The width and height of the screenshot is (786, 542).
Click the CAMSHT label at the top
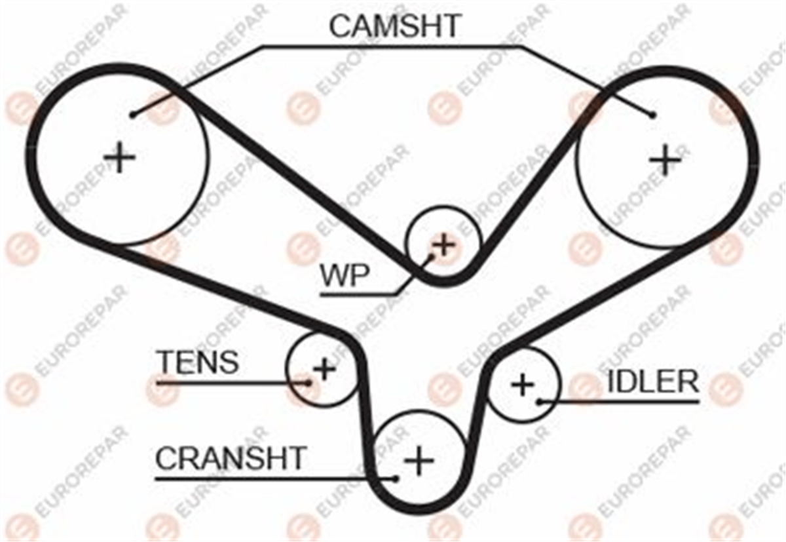pyautogui.click(x=394, y=26)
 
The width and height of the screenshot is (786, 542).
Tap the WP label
pyautogui.click(x=345, y=276)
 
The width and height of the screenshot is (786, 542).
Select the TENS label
pyautogui.click(x=199, y=362)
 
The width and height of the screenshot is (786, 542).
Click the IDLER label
pyautogui.click(x=652, y=382)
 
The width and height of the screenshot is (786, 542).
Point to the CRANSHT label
pyautogui.click(x=231, y=459)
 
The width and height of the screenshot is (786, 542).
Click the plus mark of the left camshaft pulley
pyautogui.click(x=120, y=157)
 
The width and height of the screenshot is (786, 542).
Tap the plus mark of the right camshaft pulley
pyautogui.click(x=665, y=160)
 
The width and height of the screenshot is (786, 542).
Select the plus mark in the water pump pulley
pyautogui.click(x=444, y=244)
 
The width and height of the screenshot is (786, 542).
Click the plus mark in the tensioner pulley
pyautogui.click(x=324, y=369)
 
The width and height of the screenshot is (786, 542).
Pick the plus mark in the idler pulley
pyautogui.click(x=523, y=385)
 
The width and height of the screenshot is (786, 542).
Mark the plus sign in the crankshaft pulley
pyautogui.click(x=419, y=461)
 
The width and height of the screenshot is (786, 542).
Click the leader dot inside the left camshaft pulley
pyautogui.click(x=132, y=114)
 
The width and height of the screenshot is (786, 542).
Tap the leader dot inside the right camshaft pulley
pyautogui.click(x=652, y=115)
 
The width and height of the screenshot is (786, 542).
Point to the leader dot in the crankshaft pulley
pyautogui.click(x=396, y=478)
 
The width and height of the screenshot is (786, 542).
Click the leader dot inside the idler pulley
pyautogui.click(x=540, y=402)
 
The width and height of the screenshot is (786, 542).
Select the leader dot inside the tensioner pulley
pyautogui.click(x=309, y=383)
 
